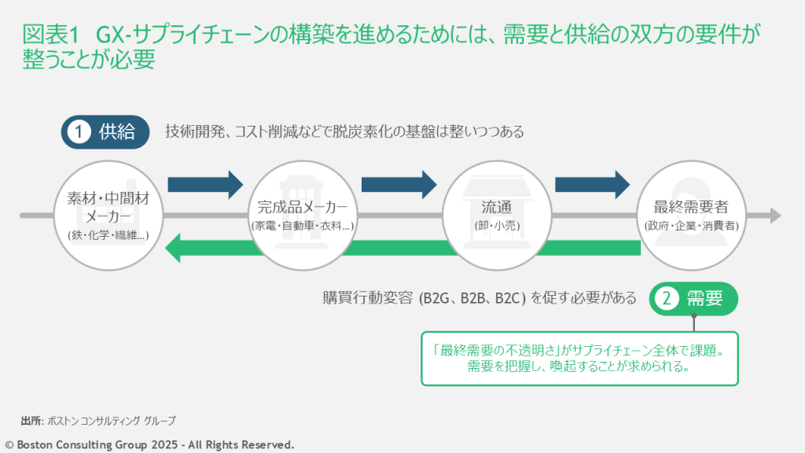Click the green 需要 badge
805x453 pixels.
click(694, 299)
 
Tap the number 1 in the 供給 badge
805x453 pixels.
click(79, 132)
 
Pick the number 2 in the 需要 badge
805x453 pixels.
click(667, 299)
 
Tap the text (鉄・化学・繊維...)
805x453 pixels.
click(108, 235)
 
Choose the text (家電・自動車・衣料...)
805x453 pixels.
click(303, 226)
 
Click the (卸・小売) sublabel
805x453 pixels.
click(497, 226)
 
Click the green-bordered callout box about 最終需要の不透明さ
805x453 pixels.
click(579, 359)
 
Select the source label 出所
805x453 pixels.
click(31, 421)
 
